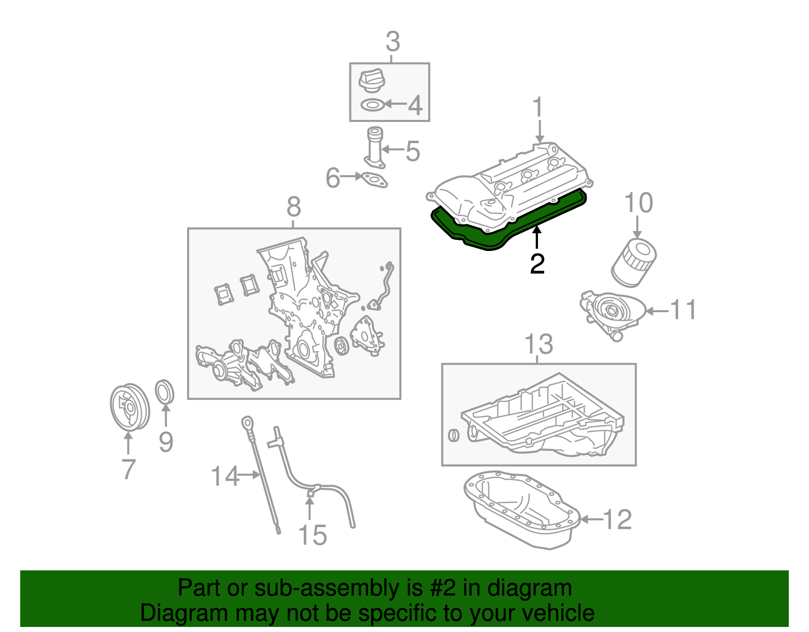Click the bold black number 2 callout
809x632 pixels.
pos(537,264)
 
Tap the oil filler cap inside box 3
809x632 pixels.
pos(372,81)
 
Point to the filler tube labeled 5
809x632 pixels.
pos(375,147)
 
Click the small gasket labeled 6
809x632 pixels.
pos(372,179)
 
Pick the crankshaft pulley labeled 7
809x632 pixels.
pos(129,407)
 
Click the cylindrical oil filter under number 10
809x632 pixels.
pos(634,262)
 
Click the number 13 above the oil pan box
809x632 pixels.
pos(538,345)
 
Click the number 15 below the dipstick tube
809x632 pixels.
pos(312,535)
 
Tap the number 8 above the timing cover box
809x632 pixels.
pos(294,207)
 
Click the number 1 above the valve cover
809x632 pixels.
pos(538,108)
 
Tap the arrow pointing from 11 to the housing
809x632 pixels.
pos(657,311)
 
